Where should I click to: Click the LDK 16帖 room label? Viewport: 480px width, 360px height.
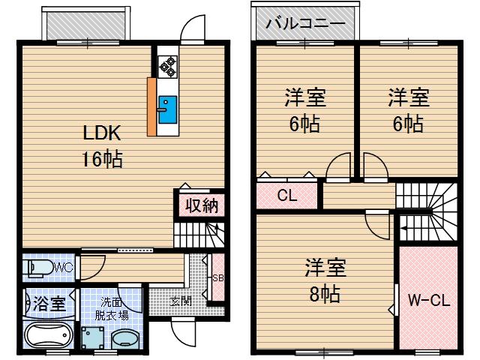pos(102,146)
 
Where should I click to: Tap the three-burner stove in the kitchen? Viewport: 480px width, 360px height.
pos(166,65)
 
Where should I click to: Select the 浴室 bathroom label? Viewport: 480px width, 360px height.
pos(49,304)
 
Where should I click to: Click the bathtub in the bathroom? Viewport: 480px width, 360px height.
pos(47,336)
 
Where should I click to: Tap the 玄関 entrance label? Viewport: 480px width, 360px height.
pos(181,300)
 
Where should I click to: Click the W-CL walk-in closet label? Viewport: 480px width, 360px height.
pos(428,301)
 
